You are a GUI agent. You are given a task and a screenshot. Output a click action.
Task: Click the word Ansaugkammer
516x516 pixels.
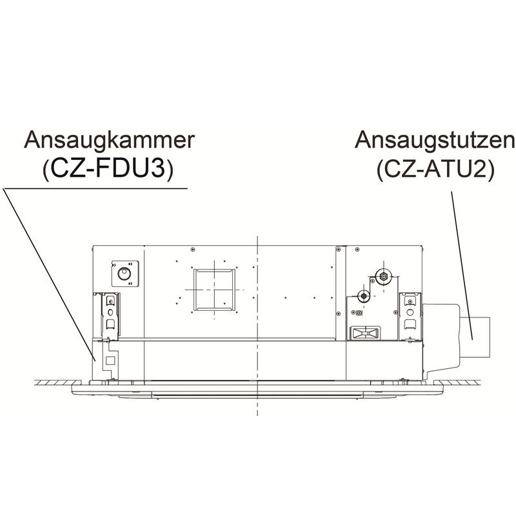click(x=109, y=140)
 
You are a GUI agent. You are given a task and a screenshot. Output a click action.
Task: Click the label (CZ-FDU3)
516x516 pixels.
click(x=108, y=170)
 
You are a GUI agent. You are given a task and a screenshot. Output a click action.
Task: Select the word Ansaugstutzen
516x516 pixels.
click(x=435, y=141)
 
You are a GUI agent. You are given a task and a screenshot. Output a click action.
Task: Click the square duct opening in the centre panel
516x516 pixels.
click(x=214, y=290)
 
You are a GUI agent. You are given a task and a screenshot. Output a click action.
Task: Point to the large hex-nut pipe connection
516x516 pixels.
click(x=383, y=277)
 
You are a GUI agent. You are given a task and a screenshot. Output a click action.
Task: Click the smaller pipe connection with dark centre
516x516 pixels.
click(x=363, y=296)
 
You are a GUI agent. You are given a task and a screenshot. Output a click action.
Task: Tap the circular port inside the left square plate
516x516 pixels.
click(x=124, y=273)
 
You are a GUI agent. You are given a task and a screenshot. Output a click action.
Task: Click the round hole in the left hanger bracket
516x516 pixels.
click(x=110, y=312)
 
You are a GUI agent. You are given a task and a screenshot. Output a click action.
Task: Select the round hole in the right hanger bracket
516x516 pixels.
click(x=410, y=312)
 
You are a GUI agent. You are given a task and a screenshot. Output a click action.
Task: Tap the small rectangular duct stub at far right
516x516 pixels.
click(x=475, y=337)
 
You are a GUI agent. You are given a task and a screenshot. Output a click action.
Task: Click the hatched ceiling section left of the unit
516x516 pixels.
click(x=57, y=382)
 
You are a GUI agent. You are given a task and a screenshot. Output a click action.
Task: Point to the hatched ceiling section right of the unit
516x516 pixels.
click(x=457, y=382)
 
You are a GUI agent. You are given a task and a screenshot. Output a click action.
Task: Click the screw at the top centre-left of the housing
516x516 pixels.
click(x=192, y=250)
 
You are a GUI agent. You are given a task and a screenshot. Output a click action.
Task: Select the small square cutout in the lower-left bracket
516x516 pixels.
click(x=110, y=361)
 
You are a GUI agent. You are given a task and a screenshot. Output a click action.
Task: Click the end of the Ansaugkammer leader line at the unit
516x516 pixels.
click(x=95, y=361)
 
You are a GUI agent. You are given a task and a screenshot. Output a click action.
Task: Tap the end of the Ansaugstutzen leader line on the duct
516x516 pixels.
click(x=473, y=339)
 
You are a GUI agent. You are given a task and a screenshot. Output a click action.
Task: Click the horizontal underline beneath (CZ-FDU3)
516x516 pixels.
click(x=95, y=188)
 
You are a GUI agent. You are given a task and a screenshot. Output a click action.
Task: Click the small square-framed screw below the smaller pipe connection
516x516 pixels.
click(x=359, y=313)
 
